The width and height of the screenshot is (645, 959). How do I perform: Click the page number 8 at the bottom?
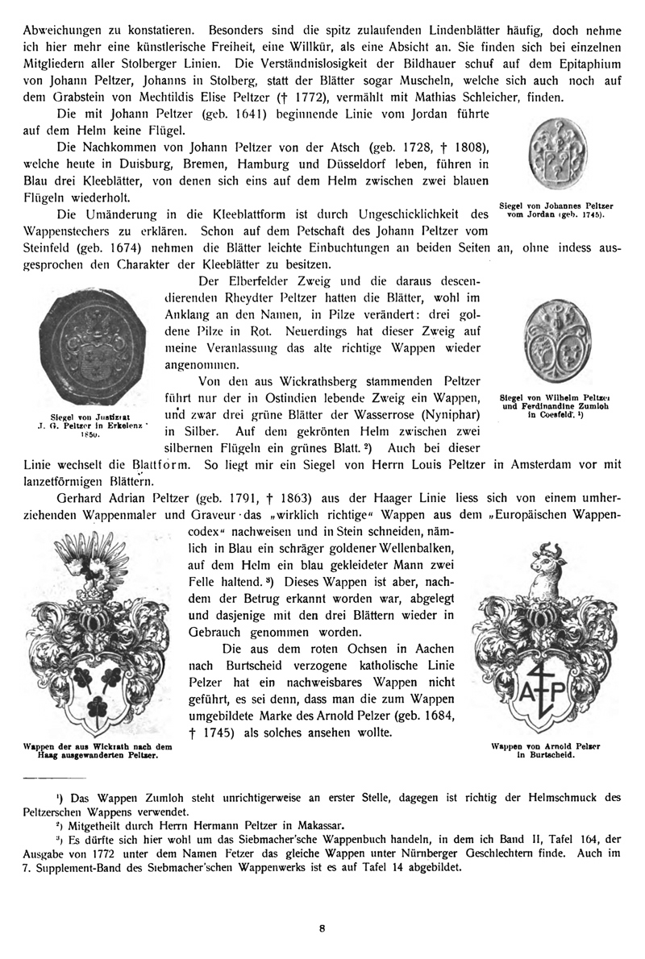(322, 928)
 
